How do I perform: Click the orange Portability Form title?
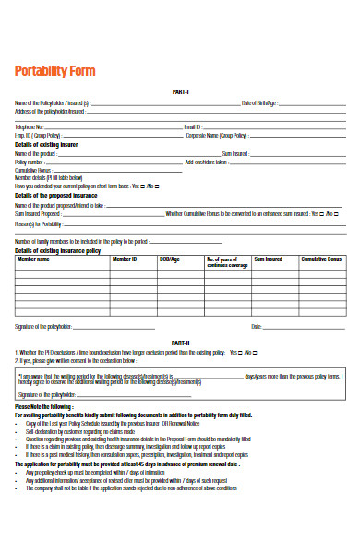click(54, 72)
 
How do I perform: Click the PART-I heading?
click(181, 91)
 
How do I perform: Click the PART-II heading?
click(181, 343)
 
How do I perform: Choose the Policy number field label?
click(30, 163)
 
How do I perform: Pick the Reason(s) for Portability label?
click(39, 224)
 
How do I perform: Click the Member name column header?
click(35, 260)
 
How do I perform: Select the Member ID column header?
click(125, 260)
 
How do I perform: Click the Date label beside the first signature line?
click(256, 327)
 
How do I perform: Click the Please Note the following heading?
click(43, 406)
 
